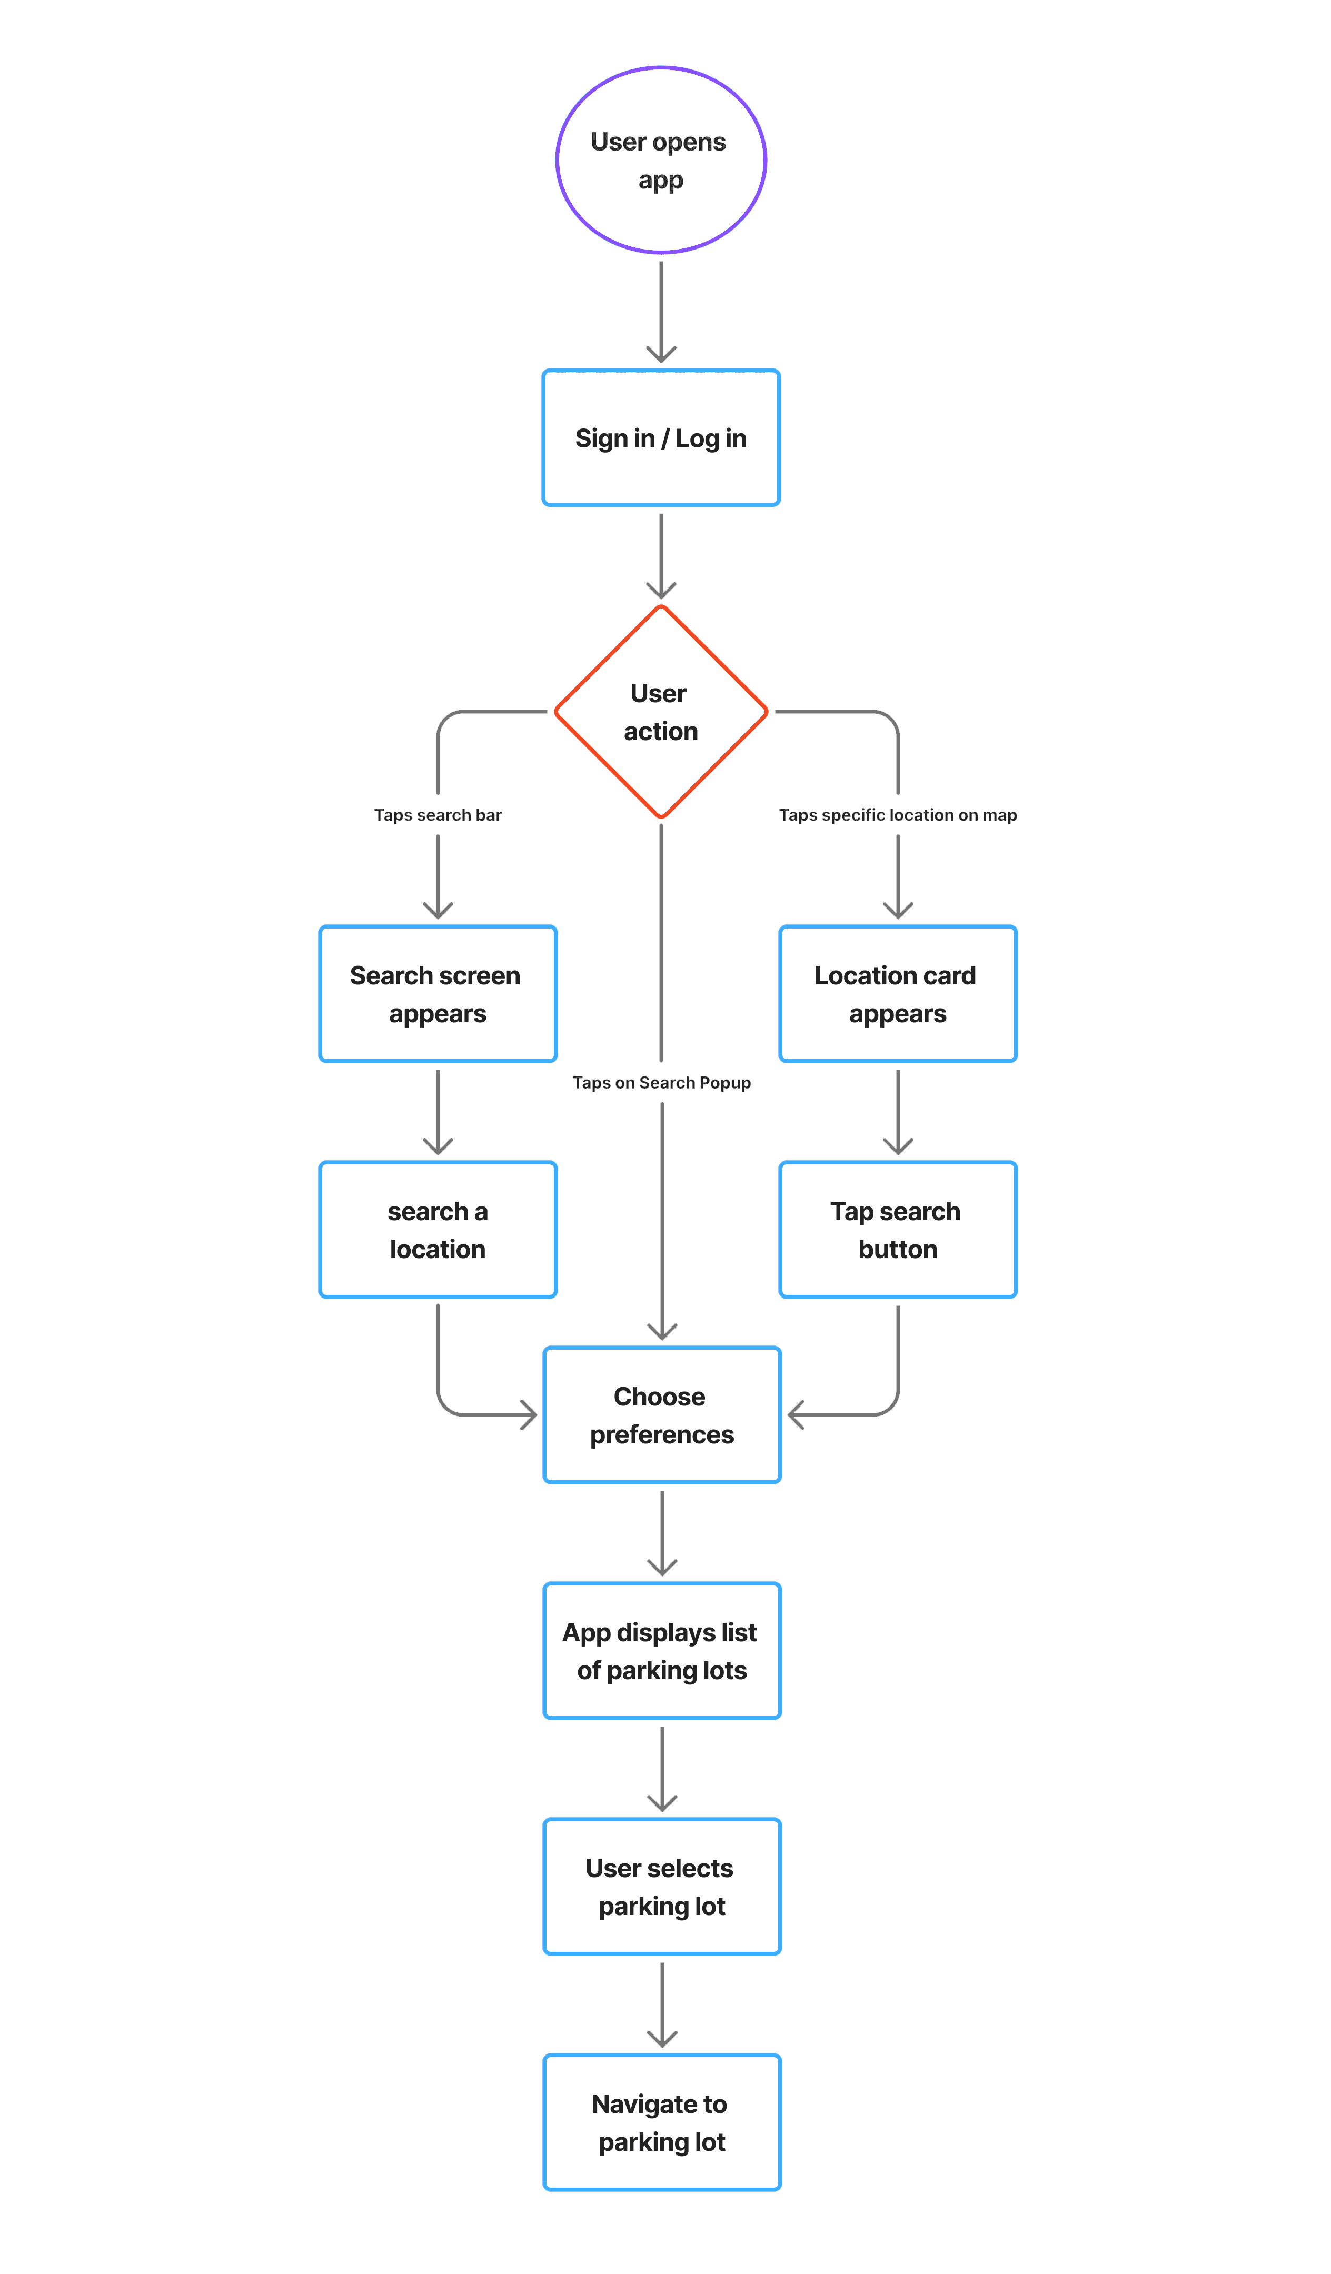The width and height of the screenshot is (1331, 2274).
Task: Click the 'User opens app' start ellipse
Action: coord(661,159)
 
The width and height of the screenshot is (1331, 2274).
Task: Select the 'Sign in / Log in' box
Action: coord(661,437)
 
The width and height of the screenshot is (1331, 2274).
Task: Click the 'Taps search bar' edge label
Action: coord(438,815)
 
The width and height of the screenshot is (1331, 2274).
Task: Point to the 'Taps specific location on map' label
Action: coord(898,815)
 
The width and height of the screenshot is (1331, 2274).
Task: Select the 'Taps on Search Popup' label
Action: coord(661,1083)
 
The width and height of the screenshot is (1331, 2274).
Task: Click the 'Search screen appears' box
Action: coord(438,993)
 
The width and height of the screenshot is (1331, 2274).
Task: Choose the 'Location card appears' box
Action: coord(898,993)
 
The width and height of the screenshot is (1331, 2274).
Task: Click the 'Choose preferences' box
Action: coord(661,1415)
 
